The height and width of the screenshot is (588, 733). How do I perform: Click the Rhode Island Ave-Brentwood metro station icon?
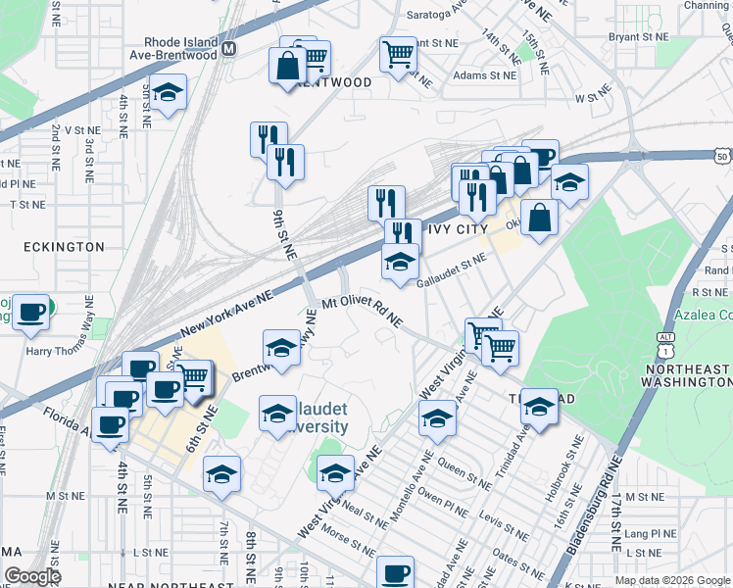pos(229,47)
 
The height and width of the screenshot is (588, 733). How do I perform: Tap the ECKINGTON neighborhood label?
pos(60,247)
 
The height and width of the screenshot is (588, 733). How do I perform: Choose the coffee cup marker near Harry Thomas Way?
pos(31,312)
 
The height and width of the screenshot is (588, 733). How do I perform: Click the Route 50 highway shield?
pos(722,156)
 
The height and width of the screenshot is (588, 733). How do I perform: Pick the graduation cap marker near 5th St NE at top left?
pos(169,93)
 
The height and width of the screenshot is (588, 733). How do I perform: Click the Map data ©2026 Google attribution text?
pos(672,580)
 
